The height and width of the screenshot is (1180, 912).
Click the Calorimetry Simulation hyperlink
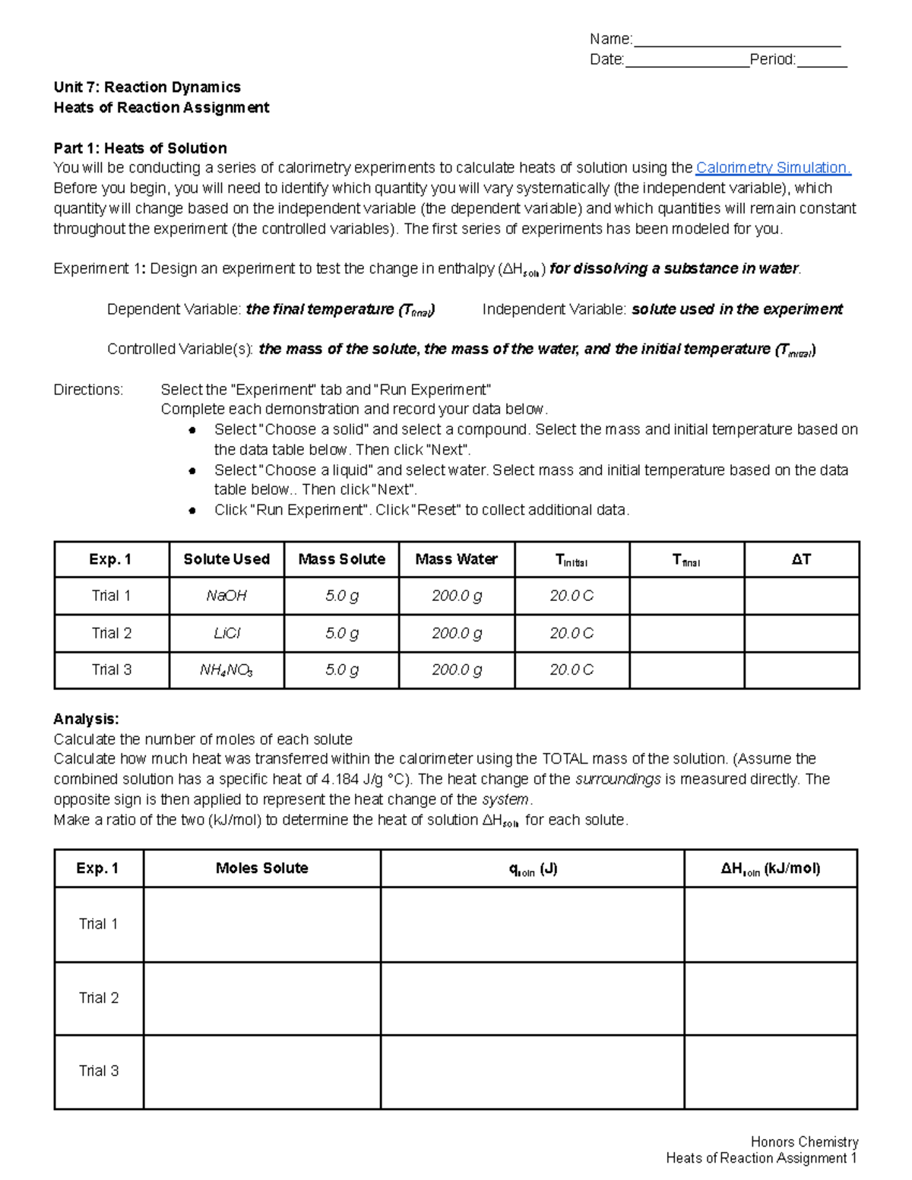[773, 168]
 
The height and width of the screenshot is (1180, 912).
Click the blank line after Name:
[736, 40]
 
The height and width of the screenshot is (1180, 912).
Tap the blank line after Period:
[822, 61]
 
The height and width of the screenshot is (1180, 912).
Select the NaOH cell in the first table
[226, 596]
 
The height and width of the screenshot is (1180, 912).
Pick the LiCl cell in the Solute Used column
[226, 633]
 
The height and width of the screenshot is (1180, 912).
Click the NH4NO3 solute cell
[226, 670]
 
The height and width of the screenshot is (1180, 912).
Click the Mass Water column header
[456, 559]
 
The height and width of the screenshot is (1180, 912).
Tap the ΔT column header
[801, 559]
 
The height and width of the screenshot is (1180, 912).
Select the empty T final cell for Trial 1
[686, 596]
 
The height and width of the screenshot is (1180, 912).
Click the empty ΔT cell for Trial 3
[801, 670]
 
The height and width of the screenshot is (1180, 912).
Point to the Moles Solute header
[261, 868]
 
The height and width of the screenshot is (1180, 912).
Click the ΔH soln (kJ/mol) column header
[770, 868]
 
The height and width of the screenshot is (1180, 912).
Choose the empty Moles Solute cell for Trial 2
[261, 998]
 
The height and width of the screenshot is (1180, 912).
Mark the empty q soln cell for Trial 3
[532, 1071]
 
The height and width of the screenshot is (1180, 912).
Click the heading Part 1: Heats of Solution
[140, 148]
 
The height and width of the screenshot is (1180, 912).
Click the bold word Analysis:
[86, 719]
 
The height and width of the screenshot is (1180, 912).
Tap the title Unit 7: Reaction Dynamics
[147, 87]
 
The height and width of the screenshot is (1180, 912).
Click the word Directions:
[88, 390]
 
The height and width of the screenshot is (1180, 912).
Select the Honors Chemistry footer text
[804, 1141]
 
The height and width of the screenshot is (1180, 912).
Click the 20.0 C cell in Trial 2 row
[572, 633]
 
